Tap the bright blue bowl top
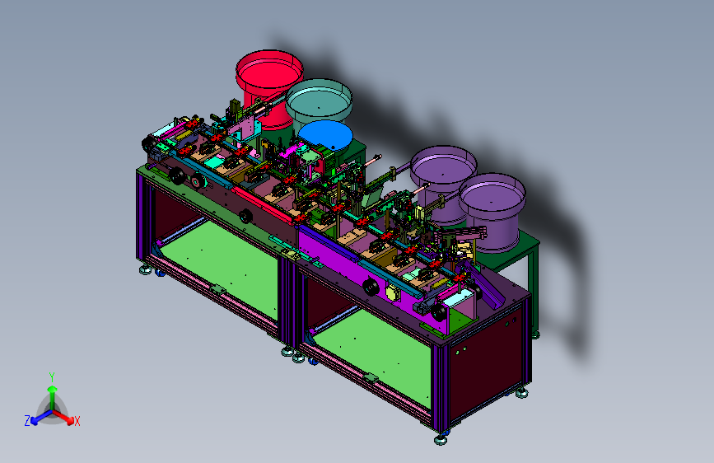pyautogui.click(x=325, y=135)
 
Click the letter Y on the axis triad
pyautogui.click(x=52, y=377)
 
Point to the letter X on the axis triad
pyautogui.click(x=77, y=421)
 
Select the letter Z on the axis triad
pyautogui.click(x=27, y=421)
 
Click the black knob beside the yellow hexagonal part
pyautogui.click(x=371, y=287)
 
